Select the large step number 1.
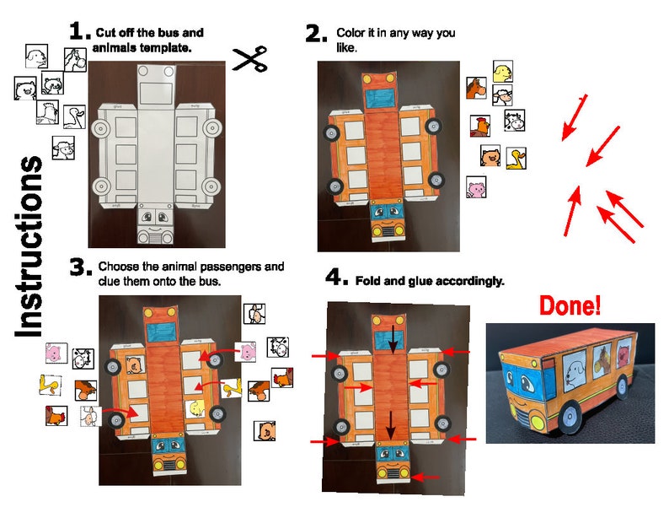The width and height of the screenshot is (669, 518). [79, 32]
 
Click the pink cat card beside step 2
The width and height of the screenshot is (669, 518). [476, 187]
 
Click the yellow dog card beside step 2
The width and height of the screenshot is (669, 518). [503, 71]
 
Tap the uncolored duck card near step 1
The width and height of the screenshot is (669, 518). [74, 116]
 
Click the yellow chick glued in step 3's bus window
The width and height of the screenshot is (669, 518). [197, 409]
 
